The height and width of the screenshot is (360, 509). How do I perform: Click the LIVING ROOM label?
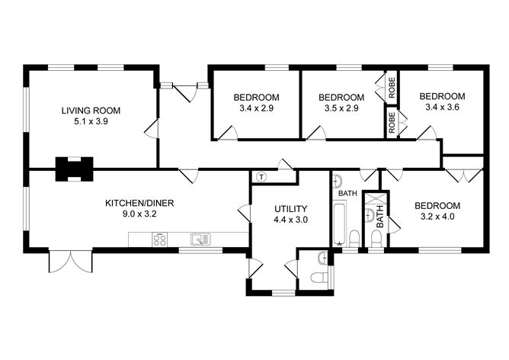point(91,111)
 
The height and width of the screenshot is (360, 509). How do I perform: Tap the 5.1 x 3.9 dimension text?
point(91,122)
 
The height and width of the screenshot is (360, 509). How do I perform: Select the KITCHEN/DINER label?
point(139,204)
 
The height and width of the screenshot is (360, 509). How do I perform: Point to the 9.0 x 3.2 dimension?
point(139,214)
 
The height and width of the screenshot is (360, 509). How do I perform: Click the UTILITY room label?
point(291,208)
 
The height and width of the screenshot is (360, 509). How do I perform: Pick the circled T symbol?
point(261,177)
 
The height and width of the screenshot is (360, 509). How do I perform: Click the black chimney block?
point(75,169)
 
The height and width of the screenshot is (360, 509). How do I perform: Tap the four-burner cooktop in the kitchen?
point(159,239)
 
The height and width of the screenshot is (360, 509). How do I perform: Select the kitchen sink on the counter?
point(200,239)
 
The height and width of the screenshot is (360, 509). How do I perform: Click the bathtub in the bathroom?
point(340,223)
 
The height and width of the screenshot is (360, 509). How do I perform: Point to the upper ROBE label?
point(392,88)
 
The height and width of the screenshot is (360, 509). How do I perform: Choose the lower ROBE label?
point(392,123)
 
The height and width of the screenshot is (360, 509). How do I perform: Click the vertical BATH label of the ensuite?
point(379,217)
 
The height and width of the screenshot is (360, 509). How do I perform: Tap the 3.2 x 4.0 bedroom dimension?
point(437,217)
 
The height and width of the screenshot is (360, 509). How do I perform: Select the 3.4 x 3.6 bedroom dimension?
point(442,107)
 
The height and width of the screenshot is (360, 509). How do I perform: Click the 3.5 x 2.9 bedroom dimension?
point(341,108)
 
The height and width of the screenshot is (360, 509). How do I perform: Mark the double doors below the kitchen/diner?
point(70,262)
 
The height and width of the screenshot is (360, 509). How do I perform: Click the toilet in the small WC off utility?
point(319,278)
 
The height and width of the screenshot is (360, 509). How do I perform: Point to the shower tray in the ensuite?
point(376,200)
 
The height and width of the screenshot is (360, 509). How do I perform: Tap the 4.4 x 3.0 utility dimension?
point(291,220)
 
